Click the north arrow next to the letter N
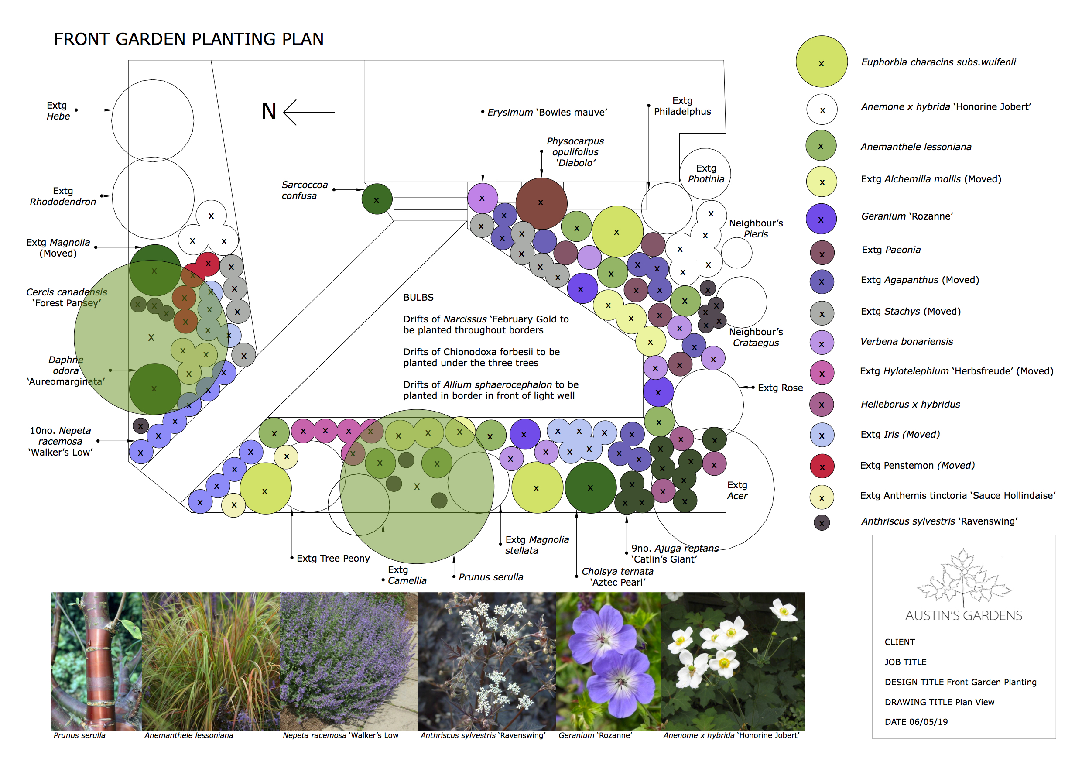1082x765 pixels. tap(308, 113)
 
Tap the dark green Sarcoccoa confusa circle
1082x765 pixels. tap(377, 199)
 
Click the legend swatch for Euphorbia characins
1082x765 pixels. tap(821, 62)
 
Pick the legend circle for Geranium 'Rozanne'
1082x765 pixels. tap(821, 219)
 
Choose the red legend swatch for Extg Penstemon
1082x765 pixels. tap(822, 466)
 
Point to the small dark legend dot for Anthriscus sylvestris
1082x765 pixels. tap(822, 523)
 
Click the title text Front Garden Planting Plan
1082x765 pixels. tap(188, 39)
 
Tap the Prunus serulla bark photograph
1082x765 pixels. tap(96, 660)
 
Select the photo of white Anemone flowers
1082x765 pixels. tap(733, 660)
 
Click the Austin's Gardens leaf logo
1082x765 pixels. tap(963, 577)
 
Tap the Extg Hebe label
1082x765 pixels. tap(58, 111)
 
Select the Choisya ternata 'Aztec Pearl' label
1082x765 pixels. tap(617, 577)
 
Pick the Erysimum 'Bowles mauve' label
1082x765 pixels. tap(547, 113)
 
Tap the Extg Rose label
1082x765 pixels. tap(780, 388)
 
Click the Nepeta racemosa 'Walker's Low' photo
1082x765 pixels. tap(349, 660)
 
